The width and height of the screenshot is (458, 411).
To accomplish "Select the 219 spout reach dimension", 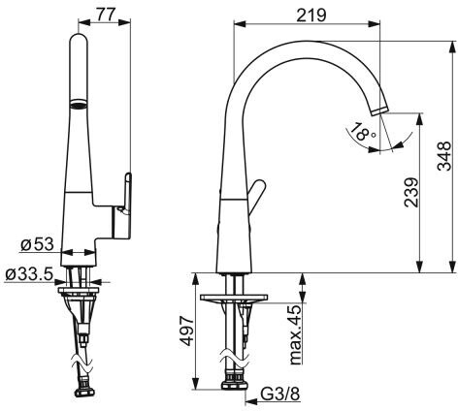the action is click(x=311, y=15).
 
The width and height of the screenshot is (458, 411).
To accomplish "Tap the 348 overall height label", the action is click(x=444, y=155).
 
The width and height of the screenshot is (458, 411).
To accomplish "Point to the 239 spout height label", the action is click(x=411, y=192).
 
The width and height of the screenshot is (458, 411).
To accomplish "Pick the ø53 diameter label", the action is click(x=37, y=244).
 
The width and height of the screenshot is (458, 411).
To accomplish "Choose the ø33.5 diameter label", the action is click(x=29, y=274).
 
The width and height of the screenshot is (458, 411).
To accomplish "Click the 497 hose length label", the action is click(x=186, y=332).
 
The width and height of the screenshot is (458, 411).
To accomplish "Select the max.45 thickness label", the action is click(x=295, y=334).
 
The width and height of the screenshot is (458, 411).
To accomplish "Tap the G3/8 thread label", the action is click(x=280, y=394).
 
